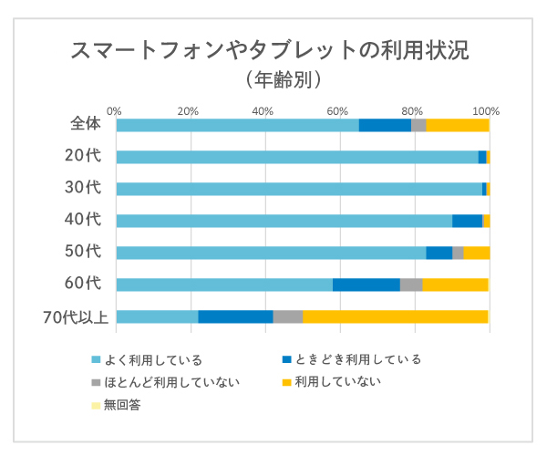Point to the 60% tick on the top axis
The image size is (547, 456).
pos(339,111)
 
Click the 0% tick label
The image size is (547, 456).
pos(115,111)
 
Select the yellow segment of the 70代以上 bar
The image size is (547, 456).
pos(395,316)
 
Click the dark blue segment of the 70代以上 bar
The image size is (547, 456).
pos(235,316)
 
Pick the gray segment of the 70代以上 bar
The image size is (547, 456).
pos(287,316)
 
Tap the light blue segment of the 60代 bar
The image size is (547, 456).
pos(224,285)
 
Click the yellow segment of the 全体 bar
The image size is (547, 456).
pos(458,125)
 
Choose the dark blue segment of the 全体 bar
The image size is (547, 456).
pos(385,125)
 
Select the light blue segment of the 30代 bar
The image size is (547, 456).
pos(299,189)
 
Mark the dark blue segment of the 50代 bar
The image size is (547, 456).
pos(439,253)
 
